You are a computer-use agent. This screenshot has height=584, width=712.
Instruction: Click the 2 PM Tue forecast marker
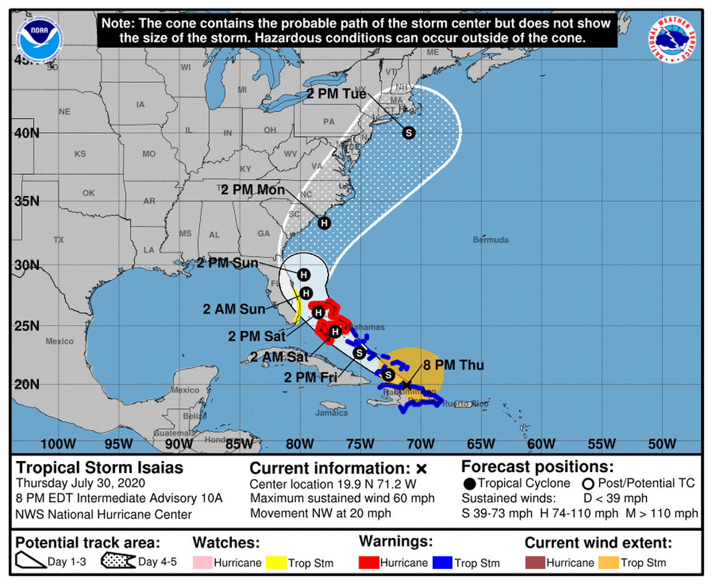tap(408, 132)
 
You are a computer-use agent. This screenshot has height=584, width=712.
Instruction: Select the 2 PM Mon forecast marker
tap(324, 222)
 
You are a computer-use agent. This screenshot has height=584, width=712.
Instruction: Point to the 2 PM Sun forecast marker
tap(304, 274)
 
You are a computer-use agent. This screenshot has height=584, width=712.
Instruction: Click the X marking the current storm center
tap(407, 385)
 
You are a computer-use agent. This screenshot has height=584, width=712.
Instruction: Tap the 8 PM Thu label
tap(453, 365)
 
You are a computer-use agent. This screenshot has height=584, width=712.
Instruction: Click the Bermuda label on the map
tap(490, 240)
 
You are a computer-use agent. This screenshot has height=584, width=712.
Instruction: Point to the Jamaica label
tap(331, 413)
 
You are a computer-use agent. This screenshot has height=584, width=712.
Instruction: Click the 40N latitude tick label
tap(26, 133)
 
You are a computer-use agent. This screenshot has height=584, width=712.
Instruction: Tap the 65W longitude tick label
tap(480, 443)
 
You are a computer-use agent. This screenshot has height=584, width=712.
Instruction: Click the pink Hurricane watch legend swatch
tap(203, 563)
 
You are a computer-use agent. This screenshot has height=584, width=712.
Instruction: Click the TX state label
tap(59, 239)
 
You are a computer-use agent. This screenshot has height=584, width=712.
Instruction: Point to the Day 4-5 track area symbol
tap(118, 562)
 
